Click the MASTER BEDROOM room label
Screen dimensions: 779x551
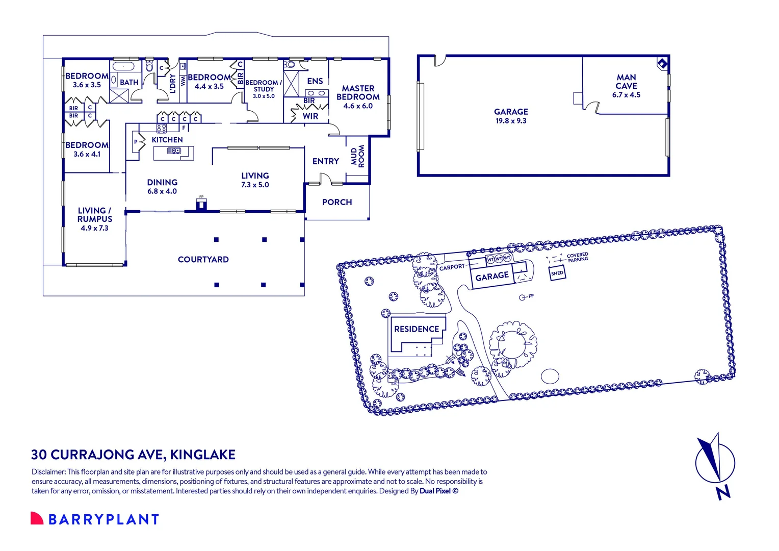[x=358, y=92]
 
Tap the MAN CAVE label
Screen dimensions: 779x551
[x=627, y=82]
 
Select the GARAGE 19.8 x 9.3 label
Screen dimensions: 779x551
[x=511, y=116]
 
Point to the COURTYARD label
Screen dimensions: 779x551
[x=203, y=259]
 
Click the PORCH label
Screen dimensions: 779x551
[x=337, y=202]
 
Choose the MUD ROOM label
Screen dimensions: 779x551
[x=357, y=156]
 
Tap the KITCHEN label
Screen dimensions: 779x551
[x=167, y=140]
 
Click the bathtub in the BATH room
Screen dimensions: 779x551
[x=123, y=66]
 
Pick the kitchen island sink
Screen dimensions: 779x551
[x=174, y=151]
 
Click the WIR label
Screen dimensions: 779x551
[x=310, y=116]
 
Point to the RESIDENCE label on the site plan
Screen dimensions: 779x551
[x=417, y=329]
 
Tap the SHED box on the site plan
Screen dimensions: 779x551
[x=557, y=273]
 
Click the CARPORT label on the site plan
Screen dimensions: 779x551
[x=452, y=267]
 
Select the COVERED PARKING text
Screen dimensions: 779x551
[x=578, y=257]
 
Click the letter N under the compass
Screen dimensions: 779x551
[x=723, y=493]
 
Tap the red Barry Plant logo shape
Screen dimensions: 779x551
[x=37, y=518]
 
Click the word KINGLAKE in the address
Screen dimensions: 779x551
[x=203, y=455]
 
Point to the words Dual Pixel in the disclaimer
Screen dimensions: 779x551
[x=435, y=491]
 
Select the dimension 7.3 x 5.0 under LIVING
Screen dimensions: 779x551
[x=255, y=185]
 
